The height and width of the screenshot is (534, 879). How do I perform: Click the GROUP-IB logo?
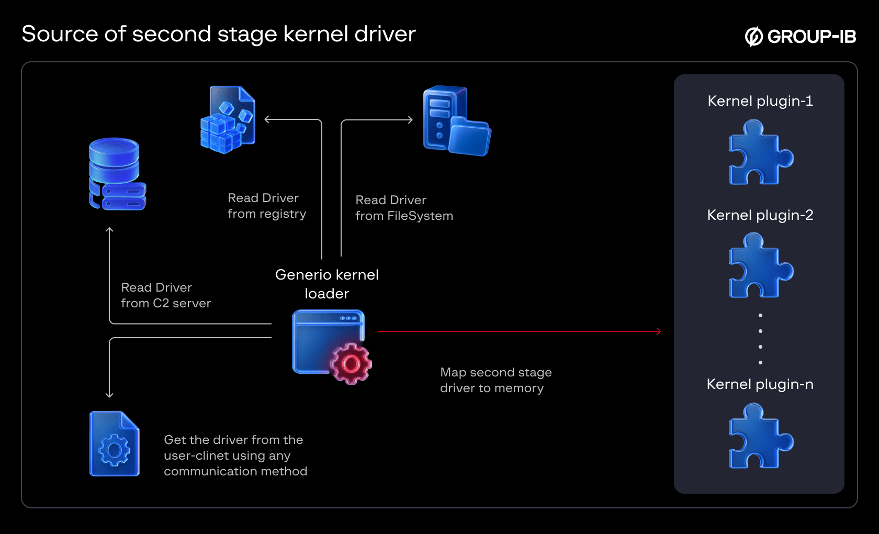click(801, 36)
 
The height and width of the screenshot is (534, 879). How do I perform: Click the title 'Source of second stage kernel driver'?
click(219, 34)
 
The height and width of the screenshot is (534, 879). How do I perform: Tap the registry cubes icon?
click(228, 120)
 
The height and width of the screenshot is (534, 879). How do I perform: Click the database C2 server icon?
click(117, 174)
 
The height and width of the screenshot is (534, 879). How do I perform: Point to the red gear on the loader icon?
click(351, 364)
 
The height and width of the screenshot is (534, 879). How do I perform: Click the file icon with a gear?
click(115, 444)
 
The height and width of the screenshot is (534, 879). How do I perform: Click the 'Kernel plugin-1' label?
click(760, 101)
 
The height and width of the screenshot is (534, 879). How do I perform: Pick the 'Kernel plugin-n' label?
click(760, 384)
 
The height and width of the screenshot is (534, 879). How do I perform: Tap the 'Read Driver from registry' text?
click(267, 206)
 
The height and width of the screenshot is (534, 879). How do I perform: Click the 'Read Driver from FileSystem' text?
click(404, 208)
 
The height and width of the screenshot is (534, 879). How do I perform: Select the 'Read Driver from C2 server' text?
click(166, 295)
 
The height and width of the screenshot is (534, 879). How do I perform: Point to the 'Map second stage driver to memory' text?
click(495, 380)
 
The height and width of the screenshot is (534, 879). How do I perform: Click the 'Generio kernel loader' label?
click(327, 284)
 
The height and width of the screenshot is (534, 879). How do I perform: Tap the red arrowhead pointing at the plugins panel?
click(659, 331)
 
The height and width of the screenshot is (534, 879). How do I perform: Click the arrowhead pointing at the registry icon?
click(267, 119)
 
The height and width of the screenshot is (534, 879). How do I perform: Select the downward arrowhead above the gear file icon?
click(109, 395)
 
